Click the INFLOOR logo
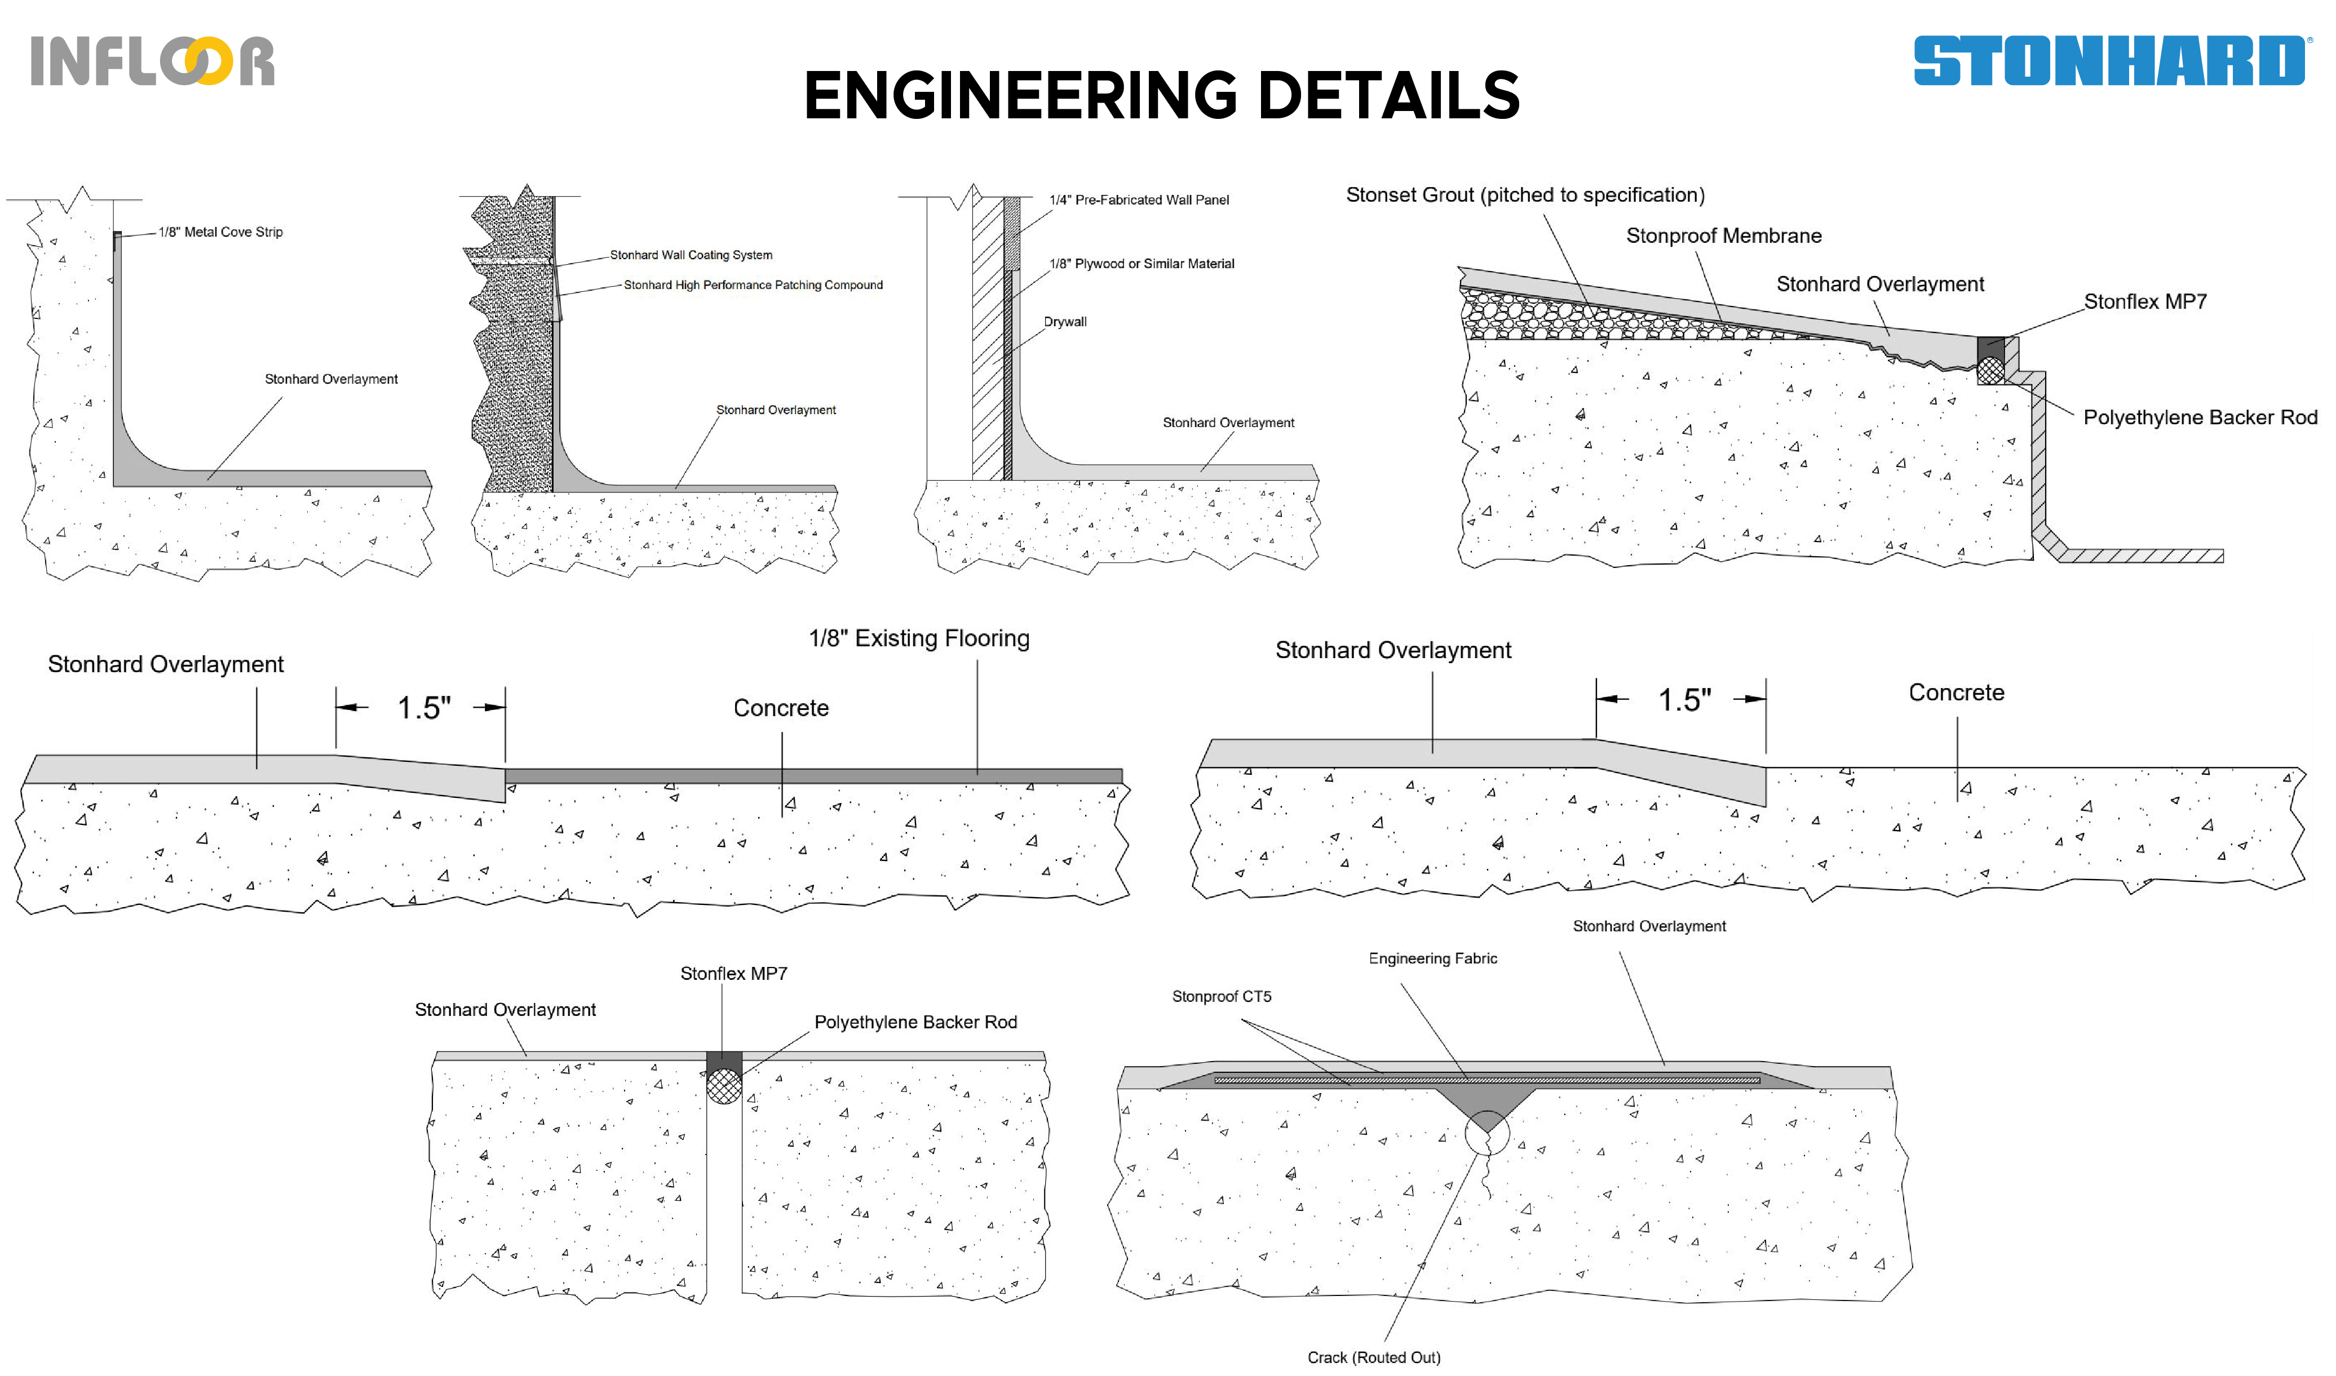(x=152, y=61)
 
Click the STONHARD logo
(x=2108, y=61)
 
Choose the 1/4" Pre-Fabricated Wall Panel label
(x=1138, y=199)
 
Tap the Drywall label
(x=1065, y=322)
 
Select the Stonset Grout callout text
(x=1525, y=195)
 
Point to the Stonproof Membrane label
(x=1723, y=236)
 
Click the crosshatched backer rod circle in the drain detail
(x=1989, y=371)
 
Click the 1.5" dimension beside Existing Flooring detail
(x=424, y=708)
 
